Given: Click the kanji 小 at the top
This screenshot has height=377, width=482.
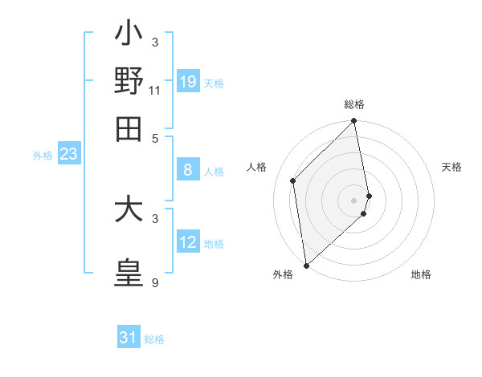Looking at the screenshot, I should coord(129,36).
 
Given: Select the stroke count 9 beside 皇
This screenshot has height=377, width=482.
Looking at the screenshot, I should coord(155,283).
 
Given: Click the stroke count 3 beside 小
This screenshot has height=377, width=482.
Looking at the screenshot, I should coord(155,41).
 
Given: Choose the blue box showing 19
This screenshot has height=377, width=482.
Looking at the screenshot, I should coord(188,81).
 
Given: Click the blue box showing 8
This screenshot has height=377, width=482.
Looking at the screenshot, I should coord(188,169).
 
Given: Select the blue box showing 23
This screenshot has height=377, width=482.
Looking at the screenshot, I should coord(68,154).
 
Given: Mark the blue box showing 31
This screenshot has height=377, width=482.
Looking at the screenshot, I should coord(129,338).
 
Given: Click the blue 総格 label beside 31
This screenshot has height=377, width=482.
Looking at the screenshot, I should coord(154,339).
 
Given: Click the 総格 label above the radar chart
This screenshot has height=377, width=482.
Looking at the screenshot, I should coord(354,104).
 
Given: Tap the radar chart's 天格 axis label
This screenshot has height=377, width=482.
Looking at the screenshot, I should coord(452,167).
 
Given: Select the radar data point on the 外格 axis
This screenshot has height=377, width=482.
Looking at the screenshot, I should coord(306,265).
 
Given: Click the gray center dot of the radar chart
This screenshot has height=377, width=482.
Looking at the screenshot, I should coord(354,200).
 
